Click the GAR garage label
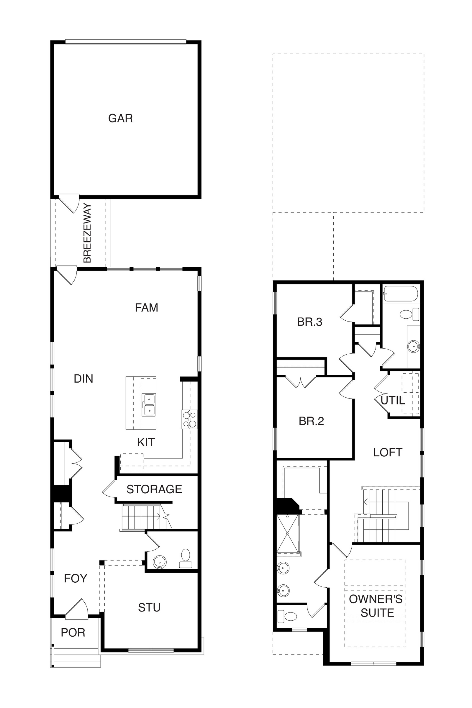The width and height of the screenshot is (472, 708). [x=120, y=118]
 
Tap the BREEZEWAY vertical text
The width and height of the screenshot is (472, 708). [x=87, y=233]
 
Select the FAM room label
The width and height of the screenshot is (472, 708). [x=147, y=308]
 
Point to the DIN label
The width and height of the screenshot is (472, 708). [x=83, y=379]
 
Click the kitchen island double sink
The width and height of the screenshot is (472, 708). [x=149, y=404]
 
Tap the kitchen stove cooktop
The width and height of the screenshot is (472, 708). [x=189, y=419]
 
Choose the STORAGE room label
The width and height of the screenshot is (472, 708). [x=154, y=489]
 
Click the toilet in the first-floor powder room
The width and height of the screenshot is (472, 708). [x=186, y=558]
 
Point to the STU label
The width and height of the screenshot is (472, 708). [x=149, y=607]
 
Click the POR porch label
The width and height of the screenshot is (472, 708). [x=73, y=632]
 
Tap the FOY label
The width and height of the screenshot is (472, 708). [x=76, y=578]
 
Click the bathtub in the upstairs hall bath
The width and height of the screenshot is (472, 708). [x=400, y=294]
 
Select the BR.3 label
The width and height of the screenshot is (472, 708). [x=310, y=322]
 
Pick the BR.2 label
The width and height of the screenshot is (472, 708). [x=312, y=421]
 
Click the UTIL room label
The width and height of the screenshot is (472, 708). [x=393, y=400]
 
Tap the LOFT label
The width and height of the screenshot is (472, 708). [x=388, y=453]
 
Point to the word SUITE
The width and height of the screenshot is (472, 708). [x=378, y=613]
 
